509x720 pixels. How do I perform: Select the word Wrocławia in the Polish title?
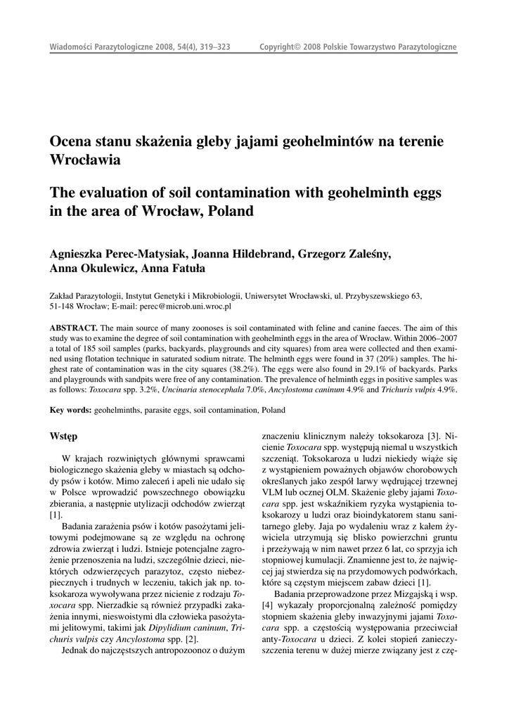pyautogui.click(x=85, y=160)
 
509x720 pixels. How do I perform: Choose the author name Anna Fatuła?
pyautogui.click(x=171, y=269)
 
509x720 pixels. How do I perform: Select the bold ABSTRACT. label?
pyautogui.click(x=74, y=328)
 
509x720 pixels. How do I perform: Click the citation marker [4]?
pyautogui.click(x=267, y=605)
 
